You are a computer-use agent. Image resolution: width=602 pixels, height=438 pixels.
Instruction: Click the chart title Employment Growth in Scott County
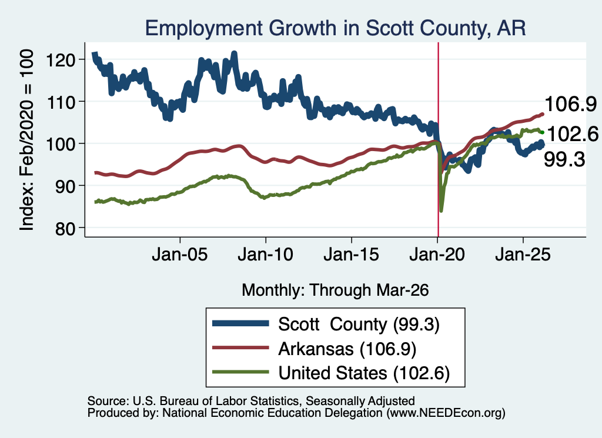[x=335, y=28]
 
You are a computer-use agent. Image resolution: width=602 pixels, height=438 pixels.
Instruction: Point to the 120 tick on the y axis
[x=61, y=60]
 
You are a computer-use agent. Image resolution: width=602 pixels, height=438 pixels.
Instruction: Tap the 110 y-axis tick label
[x=61, y=102]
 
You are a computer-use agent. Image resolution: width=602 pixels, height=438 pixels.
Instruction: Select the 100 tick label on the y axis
[x=61, y=144]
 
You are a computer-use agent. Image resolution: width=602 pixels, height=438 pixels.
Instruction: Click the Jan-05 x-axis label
[x=180, y=255]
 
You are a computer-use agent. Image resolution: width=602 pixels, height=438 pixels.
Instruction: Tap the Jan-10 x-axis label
[x=266, y=255]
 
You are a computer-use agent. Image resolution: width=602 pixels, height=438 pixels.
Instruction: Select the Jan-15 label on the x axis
[x=352, y=255]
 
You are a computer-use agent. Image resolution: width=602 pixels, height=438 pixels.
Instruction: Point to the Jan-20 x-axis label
[x=437, y=255]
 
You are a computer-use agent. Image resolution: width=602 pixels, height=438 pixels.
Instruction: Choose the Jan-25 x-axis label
[x=523, y=255]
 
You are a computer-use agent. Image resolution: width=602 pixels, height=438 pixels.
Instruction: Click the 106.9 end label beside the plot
[x=571, y=104]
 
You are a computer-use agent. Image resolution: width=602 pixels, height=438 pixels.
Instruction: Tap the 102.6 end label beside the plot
[x=573, y=134]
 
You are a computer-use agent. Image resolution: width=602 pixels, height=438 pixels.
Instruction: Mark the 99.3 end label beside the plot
[x=564, y=159]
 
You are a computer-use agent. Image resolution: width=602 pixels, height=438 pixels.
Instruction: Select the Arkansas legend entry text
[x=347, y=349]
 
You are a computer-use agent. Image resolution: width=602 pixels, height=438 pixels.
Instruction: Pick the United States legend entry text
[x=364, y=373]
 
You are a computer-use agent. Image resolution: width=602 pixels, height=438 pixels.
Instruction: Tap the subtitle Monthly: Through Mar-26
[x=335, y=290]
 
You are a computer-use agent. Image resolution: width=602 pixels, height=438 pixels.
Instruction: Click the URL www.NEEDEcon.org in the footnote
[x=446, y=413]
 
